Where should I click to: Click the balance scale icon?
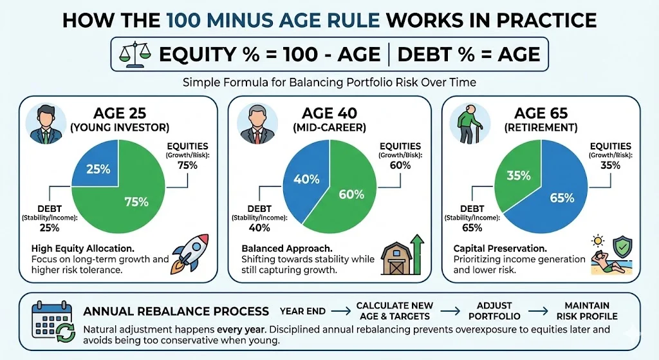(135, 54)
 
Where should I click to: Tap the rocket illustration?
(190, 254)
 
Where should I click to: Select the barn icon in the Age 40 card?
(396, 258)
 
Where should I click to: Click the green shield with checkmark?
(622, 247)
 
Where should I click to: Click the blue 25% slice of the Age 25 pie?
(95, 163)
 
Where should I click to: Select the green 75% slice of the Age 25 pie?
(126, 198)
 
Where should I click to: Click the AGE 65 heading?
(541, 113)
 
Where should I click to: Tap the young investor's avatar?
(46, 124)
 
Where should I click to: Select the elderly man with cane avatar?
(469, 124)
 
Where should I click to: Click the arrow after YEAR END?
(341, 311)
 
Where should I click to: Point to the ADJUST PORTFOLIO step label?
(494, 311)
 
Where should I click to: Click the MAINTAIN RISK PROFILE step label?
(587, 311)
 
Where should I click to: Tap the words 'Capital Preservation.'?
(500, 249)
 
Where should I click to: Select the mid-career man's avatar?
(257, 124)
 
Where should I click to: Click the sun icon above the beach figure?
(597, 241)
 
